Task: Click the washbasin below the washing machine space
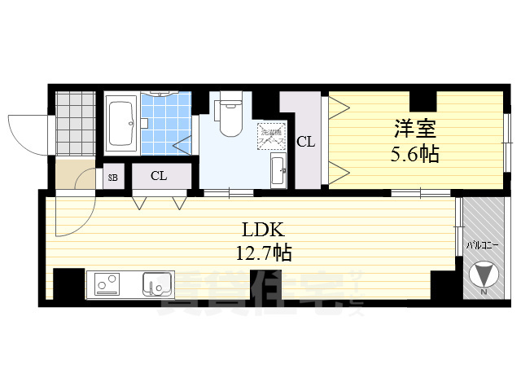click(277, 170)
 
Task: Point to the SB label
click(112, 177)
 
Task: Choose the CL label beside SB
click(159, 175)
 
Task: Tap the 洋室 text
click(415, 129)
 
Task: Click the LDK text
click(260, 229)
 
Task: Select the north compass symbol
click(483, 272)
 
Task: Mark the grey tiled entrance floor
click(76, 122)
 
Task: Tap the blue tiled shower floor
click(167, 122)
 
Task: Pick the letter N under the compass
click(484, 292)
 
